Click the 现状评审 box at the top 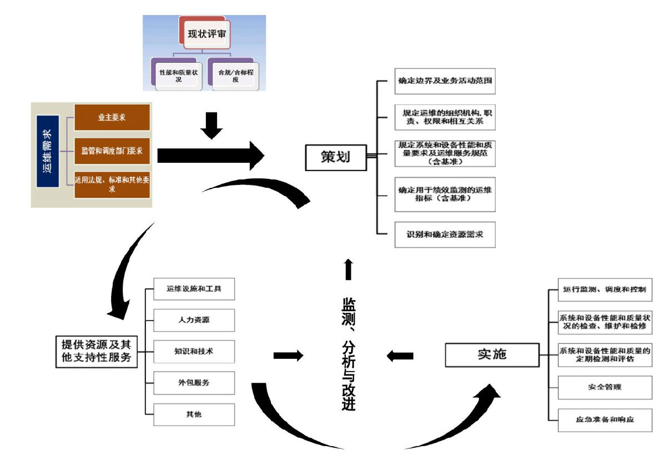click(x=206, y=34)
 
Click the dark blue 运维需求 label click(x=48, y=151)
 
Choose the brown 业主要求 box click(x=112, y=117)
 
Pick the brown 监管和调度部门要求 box click(x=112, y=151)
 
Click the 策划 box click(x=336, y=157)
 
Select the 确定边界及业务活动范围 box click(x=445, y=81)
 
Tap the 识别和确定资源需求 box click(x=445, y=234)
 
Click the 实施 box click(x=492, y=354)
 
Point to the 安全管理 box click(x=605, y=387)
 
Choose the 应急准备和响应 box click(x=605, y=420)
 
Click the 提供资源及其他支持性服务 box click(x=97, y=352)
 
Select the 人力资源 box click(x=194, y=320)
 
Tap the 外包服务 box click(x=194, y=383)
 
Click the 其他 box click(x=194, y=414)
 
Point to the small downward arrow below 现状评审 click(x=211, y=126)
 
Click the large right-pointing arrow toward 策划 click(x=210, y=156)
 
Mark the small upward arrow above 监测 click(x=349, y=269)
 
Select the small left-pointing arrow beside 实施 click(x=400, y=356)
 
